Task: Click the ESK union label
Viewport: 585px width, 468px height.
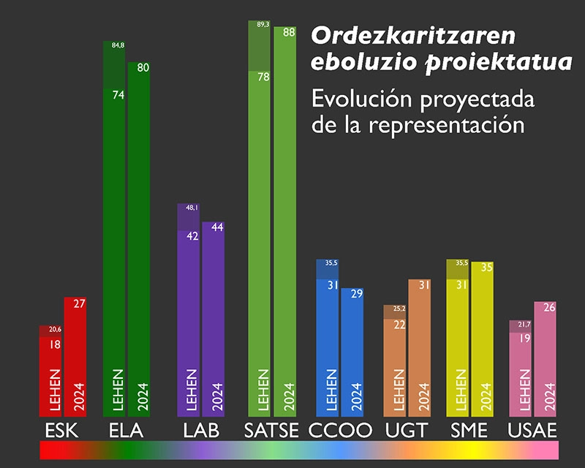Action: (61, 430)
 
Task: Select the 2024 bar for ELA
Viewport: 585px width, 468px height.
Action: (139, 239)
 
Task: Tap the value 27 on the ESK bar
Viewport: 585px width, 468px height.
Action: (79, 303)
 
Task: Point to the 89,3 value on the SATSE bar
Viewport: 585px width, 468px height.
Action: (263, 25)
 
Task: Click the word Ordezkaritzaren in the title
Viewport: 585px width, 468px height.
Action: (413, 36)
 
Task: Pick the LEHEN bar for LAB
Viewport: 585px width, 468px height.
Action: (189, 310)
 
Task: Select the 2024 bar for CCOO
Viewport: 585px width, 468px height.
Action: (352, 352)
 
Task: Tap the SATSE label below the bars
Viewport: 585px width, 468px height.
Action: (271, 430)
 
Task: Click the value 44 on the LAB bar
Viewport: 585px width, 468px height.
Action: (217, 227)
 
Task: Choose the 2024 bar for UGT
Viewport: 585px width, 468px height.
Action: (419, 348)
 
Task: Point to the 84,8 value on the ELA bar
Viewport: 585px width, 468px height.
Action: (118, 45)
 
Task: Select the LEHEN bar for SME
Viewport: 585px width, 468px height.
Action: (458, 338)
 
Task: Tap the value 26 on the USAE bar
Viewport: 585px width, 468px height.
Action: (549, 308)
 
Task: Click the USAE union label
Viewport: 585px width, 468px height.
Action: (532, 430)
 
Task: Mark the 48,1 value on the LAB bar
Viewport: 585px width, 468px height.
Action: (192, 208)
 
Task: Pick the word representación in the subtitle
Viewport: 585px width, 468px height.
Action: (447, 124)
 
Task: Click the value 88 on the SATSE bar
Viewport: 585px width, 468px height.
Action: (289, 32)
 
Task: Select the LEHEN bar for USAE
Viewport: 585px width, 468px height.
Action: (521, 369)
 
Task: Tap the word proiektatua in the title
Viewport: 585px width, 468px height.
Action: (499, 62)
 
